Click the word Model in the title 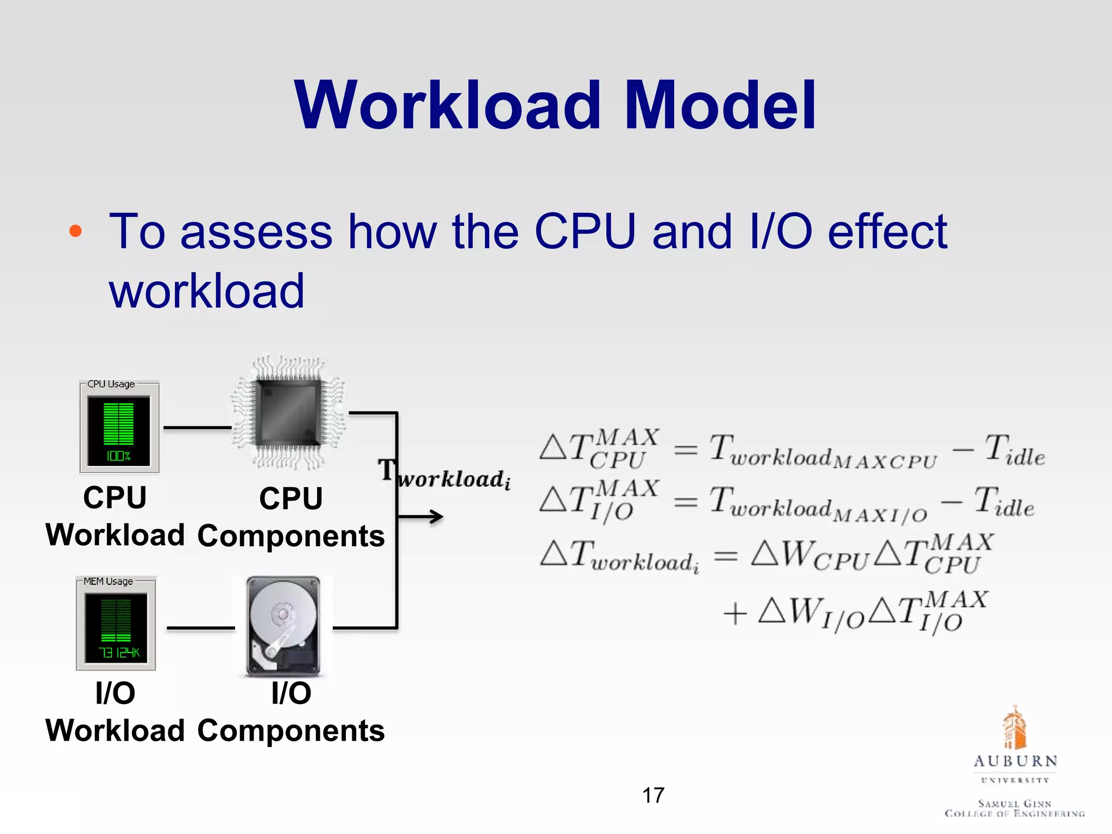point(720,105)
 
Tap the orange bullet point point(75,231)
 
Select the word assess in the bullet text point(256,232)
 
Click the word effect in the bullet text point(887,232)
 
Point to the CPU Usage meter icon point(119,427)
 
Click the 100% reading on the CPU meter point(118,456)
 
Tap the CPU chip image point(288,412)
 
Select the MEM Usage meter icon point(116,623)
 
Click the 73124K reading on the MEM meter point(119,652)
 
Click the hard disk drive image point(283,626)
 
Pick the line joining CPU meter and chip point(197,428)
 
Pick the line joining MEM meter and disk point(200,628)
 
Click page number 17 point(653,795)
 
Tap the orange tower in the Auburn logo point(1014,728)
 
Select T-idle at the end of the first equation point(1014,451)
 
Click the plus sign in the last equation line point(735,614)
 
